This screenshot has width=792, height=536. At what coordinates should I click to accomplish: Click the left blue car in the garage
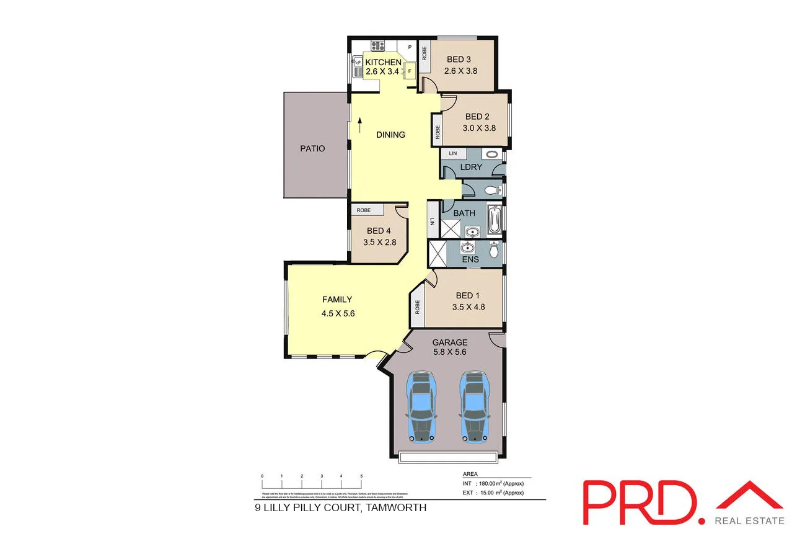coord(421,407)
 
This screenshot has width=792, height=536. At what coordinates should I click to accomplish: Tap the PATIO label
coord(312,148)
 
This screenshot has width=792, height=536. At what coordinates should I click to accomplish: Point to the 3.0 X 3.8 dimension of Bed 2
coord(480,128)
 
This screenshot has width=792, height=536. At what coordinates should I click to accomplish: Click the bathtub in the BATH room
coord(494,221)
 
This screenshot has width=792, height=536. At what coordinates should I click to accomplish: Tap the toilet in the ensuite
coord(494,250)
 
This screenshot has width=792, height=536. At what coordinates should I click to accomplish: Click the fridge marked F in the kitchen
coord(409,72)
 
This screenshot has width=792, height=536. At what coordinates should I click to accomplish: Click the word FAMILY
coord(337,300)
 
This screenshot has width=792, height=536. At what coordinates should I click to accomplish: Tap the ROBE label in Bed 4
coord(364,210)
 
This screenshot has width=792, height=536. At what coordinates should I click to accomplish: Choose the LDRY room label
coord(471,167)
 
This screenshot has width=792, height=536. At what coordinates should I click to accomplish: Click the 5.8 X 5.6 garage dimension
coord(449,352)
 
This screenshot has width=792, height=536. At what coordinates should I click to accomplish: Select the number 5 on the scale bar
coord(361,476)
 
